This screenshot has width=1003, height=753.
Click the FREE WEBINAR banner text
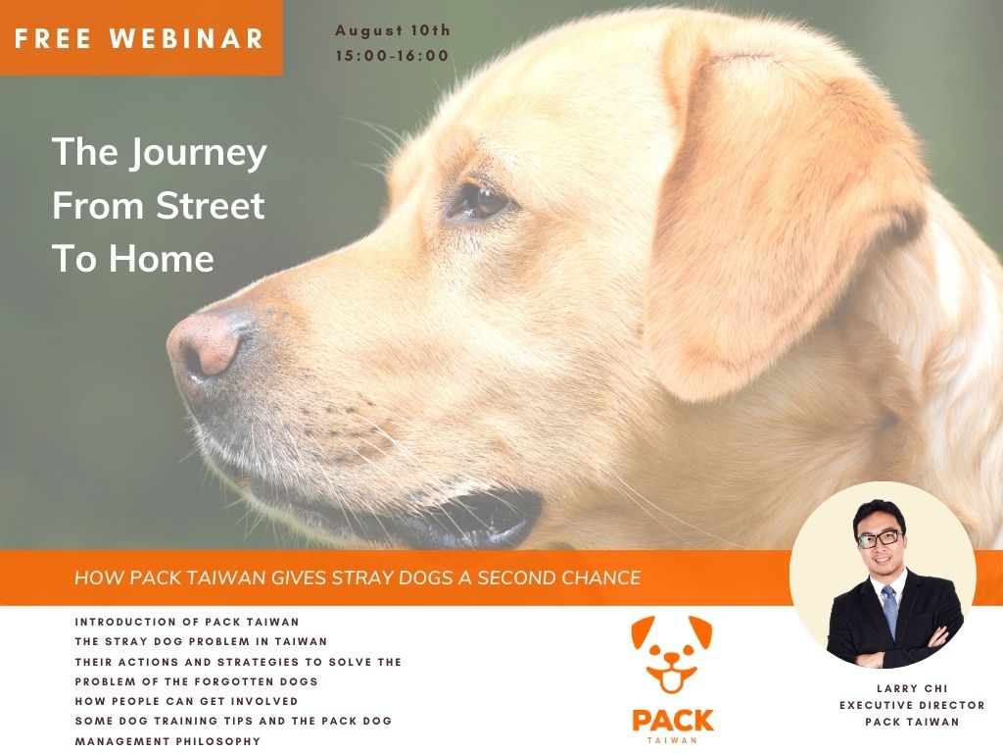[139, 38]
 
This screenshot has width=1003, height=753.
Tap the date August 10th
[393, 30]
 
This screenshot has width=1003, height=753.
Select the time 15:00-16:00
[392, 56]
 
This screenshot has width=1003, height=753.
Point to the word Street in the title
[211, 206]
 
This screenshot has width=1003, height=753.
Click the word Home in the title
[162, 259]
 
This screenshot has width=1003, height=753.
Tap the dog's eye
[480, 201]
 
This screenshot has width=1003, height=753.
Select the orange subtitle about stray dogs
[358, 577]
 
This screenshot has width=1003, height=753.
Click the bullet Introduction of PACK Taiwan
[187, 622]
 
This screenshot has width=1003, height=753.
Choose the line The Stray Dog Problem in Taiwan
[201, 641]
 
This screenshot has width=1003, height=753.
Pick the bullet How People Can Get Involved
[186, 701]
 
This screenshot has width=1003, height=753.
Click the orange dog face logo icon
[672, 654]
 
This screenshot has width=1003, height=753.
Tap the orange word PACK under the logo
[672, 721]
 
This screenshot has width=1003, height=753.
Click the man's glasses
[879, 538]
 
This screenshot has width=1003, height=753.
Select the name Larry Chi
[912, 688]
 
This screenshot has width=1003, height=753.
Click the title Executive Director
[912, 705]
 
